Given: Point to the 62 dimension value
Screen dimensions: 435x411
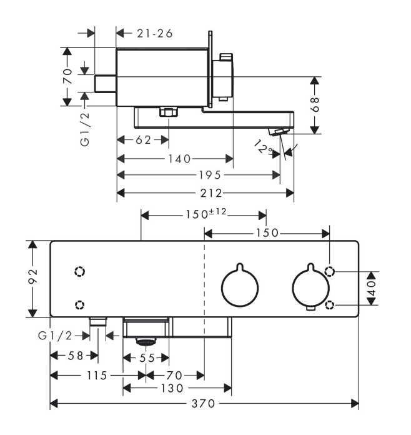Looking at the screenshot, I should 144,140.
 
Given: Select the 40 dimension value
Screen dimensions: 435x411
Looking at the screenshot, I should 372,288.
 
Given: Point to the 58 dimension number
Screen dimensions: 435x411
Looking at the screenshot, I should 74,356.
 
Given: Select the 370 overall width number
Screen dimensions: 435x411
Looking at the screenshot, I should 205,404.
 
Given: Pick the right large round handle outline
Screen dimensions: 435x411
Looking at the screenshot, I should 310,288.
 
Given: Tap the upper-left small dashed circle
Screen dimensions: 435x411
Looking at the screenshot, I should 79,272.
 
